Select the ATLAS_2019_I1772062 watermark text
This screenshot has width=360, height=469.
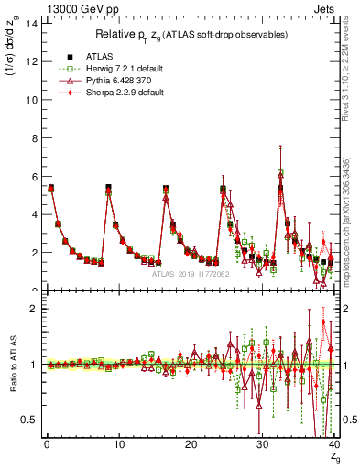[x=189, y=273]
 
